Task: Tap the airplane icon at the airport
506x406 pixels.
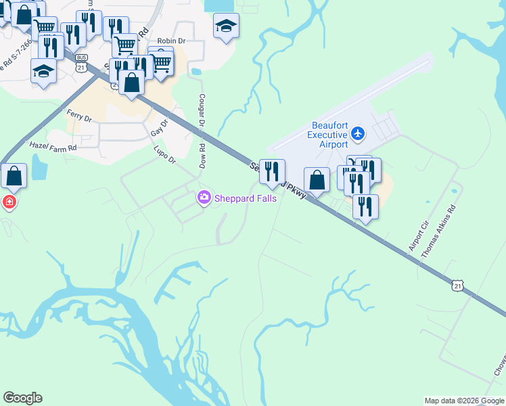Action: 359,134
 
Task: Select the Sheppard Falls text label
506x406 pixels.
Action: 246,198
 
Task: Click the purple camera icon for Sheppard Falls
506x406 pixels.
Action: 204,198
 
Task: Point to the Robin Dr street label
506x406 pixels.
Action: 170,42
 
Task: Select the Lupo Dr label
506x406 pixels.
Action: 164,155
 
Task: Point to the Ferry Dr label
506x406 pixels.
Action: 79,114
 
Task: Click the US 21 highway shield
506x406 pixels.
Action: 459,287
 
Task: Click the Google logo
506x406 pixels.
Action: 22,398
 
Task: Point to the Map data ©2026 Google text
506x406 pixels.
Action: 465,401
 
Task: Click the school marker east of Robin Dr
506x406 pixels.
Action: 226,27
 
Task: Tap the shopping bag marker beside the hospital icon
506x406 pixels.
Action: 14,177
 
